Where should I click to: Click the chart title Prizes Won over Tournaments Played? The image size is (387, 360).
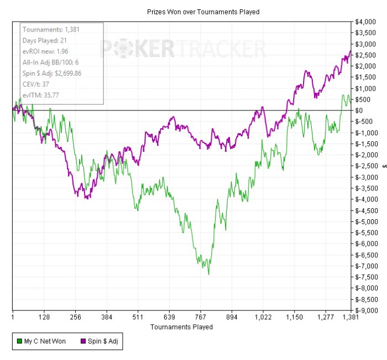[x=203, y=12]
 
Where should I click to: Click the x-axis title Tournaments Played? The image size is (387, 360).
[x=181, y=327]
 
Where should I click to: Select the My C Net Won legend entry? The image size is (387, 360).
[x=41, y=341]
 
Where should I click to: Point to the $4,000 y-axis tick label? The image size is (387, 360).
[x=367, y=22]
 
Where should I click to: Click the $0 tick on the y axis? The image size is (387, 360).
[x=360, y=110]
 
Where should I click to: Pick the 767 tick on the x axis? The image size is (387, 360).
[x=201, y=317]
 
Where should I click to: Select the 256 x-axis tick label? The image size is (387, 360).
[x=76, y=317]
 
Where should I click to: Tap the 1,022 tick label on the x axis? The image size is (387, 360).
[x=263, y=317]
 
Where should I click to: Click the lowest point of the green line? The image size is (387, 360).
[x=208, y=274]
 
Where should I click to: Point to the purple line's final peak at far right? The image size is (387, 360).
[x=351, y=51]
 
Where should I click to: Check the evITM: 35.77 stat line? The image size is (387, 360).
[x=41, y=95]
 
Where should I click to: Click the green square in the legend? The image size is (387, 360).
[x=20, y=341]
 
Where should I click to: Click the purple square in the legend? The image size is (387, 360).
[x=82, y=341]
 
